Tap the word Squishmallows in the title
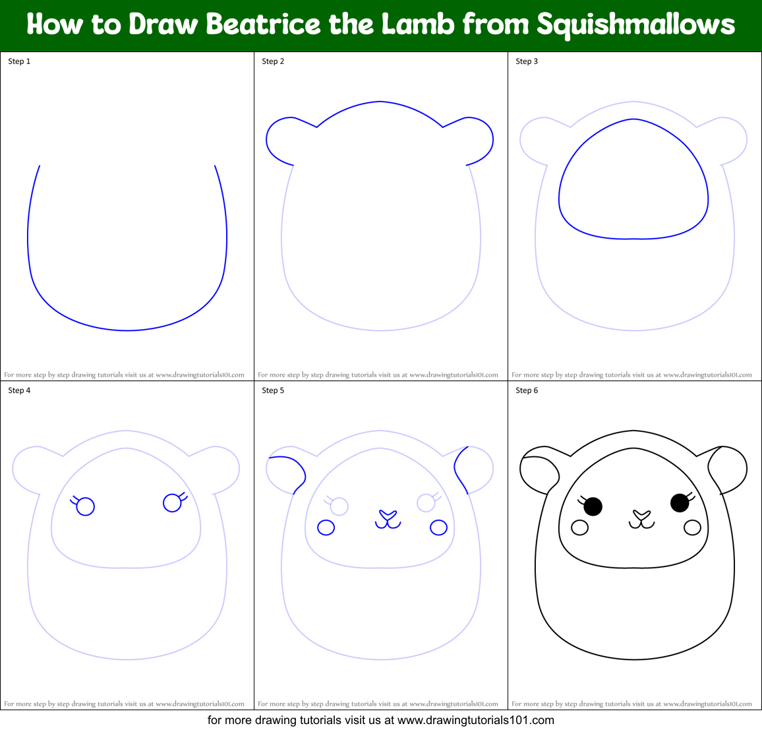point(635,24)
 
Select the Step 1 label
point(19,61)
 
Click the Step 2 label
point(273,61)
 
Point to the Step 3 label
point(527,61)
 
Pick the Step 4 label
point(19,390)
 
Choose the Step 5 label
point(273,390)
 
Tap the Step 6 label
point(527,390)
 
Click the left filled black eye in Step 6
point(593,506)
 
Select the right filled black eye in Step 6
point(680,503)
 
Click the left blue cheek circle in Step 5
point(326,528)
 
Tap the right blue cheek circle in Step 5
point(438,528)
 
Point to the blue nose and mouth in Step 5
point(388,519)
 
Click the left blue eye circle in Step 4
point(86,506)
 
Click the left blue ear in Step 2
point(280,140)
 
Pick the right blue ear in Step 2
point(479,140)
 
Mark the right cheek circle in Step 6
point(692,528)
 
